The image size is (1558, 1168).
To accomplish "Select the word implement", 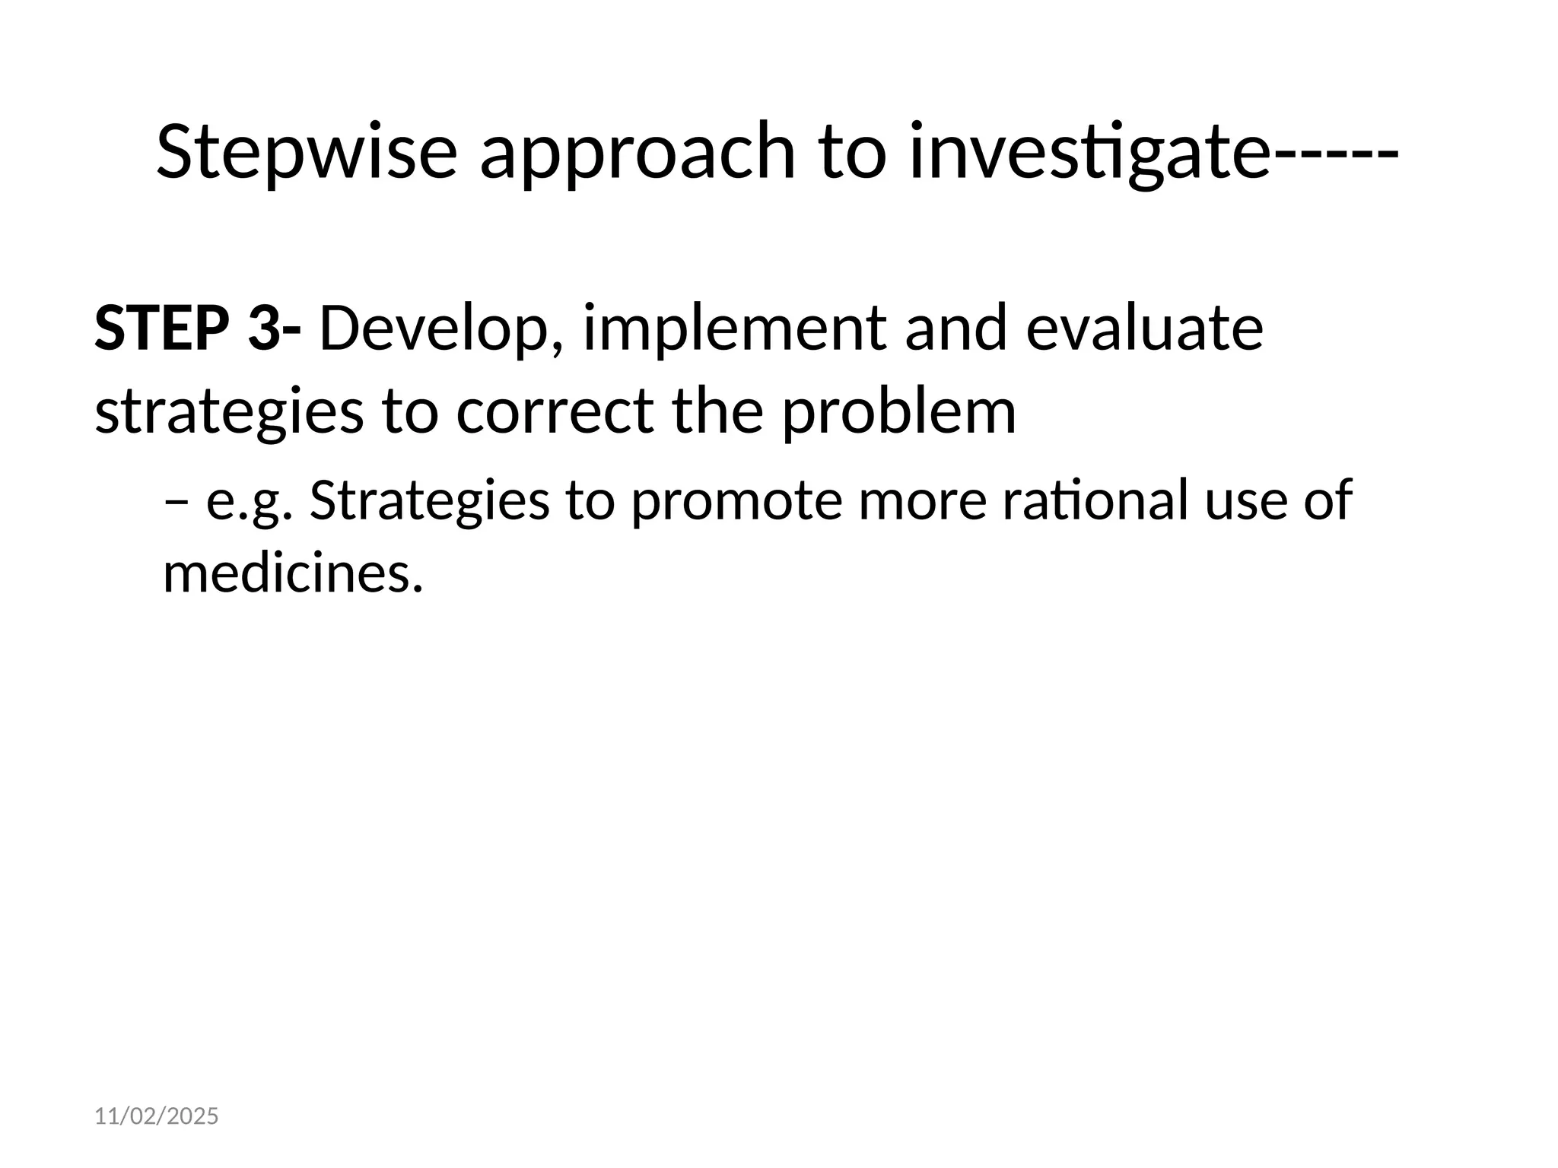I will click(733, 328).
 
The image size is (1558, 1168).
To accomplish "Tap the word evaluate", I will click(1144, 328).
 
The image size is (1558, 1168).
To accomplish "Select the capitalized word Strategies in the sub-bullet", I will click(429, 502).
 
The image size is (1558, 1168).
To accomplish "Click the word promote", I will click(736, 502).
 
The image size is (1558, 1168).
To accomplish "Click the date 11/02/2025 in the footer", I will click(156, 1116).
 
